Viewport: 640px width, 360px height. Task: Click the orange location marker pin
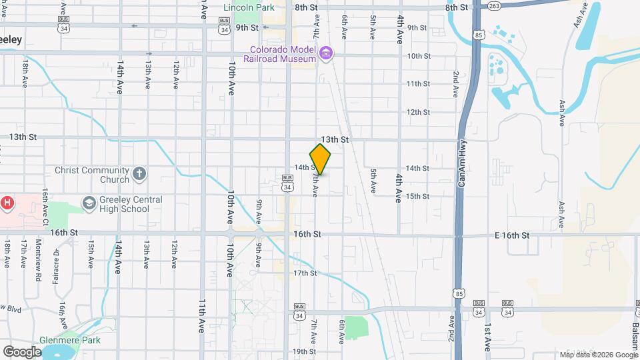[320, 159]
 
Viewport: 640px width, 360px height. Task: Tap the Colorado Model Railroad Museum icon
[326, 53]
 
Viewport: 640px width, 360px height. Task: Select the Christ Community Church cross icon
[139, 175]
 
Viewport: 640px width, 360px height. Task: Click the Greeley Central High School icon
[89, 202]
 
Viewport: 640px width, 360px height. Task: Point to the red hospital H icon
[7, 202]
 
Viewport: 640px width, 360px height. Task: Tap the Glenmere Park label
[69, 339]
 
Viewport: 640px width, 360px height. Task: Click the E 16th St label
[512, 235]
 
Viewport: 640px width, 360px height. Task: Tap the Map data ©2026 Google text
[598, 355]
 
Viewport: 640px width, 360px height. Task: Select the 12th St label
[418, 112]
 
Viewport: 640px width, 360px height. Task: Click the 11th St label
[418, 84]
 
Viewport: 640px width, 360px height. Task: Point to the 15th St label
[418, 196]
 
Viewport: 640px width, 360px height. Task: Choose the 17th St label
[305, 273]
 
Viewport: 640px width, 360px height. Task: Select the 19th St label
[303, 351]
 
